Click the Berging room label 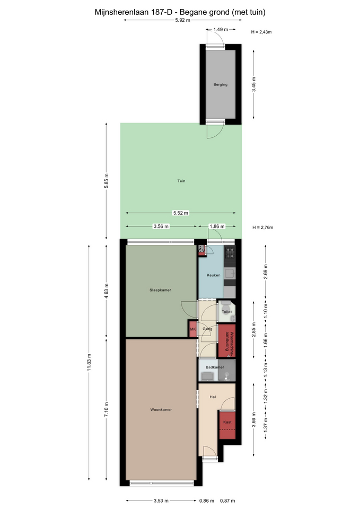(x=221, y=85)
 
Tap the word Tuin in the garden (x=181, y=181)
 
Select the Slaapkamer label (x=160, y=290)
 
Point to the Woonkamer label (x=161, y=410)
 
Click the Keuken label (x=214, y=275)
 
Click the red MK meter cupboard (x=193, y=329)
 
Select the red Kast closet (x=227, y=425)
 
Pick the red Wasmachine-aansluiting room (x=227, y=341)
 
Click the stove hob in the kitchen (x=230, y=252)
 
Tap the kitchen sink (x=230, y=274)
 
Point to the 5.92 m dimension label (x=183, y=20)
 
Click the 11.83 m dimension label (x=89, y=362)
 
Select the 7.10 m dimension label (x=107, y=410)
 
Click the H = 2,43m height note (x=261, y=32)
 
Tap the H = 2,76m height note (x=263, y=227)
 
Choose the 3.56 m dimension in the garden (x=161, y=226)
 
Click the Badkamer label (x=215, y=367)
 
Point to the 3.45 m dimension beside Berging (x=254, y=84)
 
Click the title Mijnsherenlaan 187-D (x=134, y=12)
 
